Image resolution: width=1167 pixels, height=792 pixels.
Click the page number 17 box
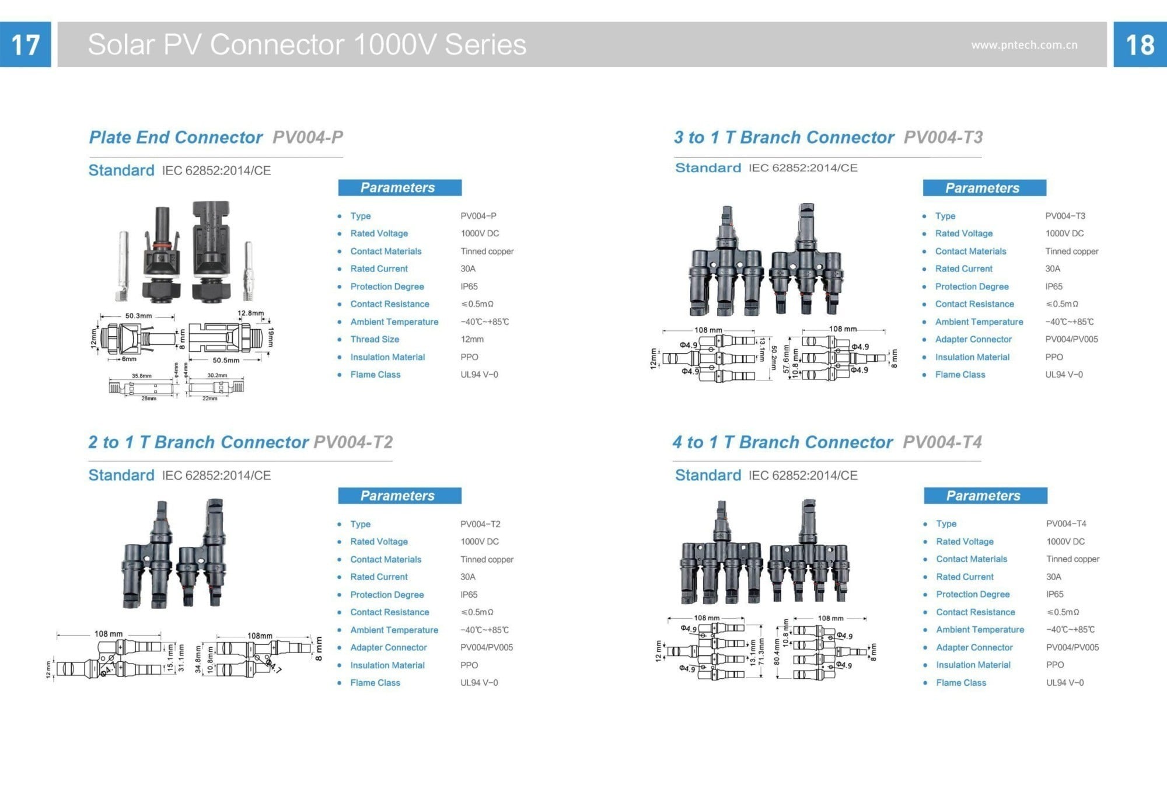(25, 44)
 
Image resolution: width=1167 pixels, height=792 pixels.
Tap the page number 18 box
(1140, 44)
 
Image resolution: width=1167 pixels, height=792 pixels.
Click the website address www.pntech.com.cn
(1024, 45)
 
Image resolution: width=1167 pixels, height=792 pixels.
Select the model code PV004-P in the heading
(308, 137)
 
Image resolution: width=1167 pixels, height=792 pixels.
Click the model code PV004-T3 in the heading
(943, 137)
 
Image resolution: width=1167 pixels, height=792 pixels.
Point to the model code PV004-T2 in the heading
(353, 442)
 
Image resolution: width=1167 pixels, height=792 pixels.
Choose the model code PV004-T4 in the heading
(942, 442)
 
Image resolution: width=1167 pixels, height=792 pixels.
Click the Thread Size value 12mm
(471, 339)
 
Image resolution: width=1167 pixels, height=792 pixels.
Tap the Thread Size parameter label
(375, 339)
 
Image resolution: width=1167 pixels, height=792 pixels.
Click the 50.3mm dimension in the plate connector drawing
(138, 316)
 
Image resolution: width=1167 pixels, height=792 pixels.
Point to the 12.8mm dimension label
(250, 313)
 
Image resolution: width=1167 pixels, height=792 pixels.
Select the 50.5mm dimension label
(226, 360)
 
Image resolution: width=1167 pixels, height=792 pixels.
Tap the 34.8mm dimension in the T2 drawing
(198, 659)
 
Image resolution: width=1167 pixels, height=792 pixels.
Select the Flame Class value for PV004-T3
(1064, 375)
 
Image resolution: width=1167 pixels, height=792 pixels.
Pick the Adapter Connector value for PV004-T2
(486, 647)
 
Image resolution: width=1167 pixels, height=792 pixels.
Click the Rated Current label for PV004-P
(379, 268)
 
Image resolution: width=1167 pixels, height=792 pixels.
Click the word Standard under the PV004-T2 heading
(121, 475)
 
